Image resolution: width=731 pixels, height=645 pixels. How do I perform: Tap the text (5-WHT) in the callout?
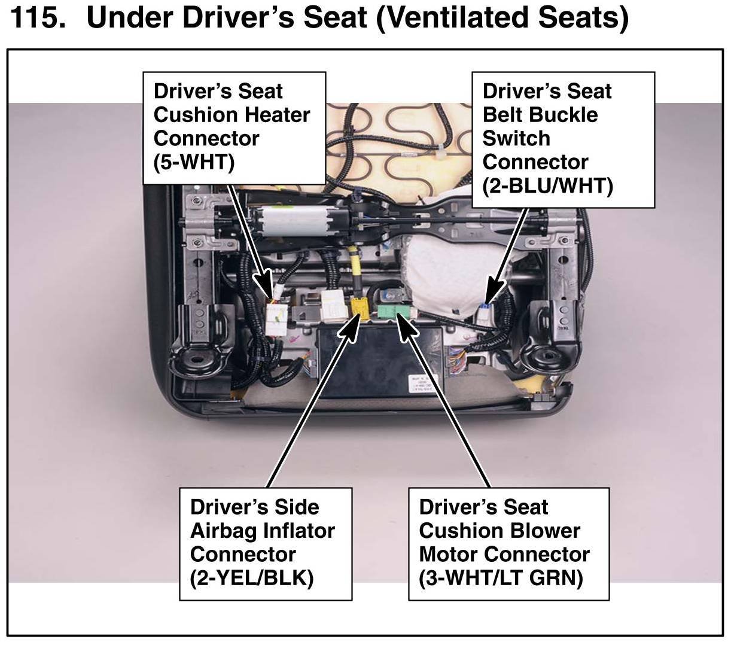pyautogui.click(x=194, y=162)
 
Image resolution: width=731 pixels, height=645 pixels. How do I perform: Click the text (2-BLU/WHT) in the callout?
pyautogui.click(x=548, y=186)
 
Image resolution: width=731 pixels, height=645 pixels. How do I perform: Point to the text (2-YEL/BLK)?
pyautogui.click(x=252, y=578)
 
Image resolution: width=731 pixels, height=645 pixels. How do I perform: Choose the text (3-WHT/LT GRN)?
pyautogui.click(x=501, y=578)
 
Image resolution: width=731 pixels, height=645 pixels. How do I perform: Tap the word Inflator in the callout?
pyautogui.click(x=299, y=531)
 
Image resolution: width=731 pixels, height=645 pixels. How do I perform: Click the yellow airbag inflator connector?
pyautogui.click(x=359, y=308)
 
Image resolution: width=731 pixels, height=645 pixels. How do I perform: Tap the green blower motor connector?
pyautogui.click(x=394, y=311)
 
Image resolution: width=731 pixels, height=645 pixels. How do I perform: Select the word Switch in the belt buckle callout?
pyautogui.click(x=516, y=139)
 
